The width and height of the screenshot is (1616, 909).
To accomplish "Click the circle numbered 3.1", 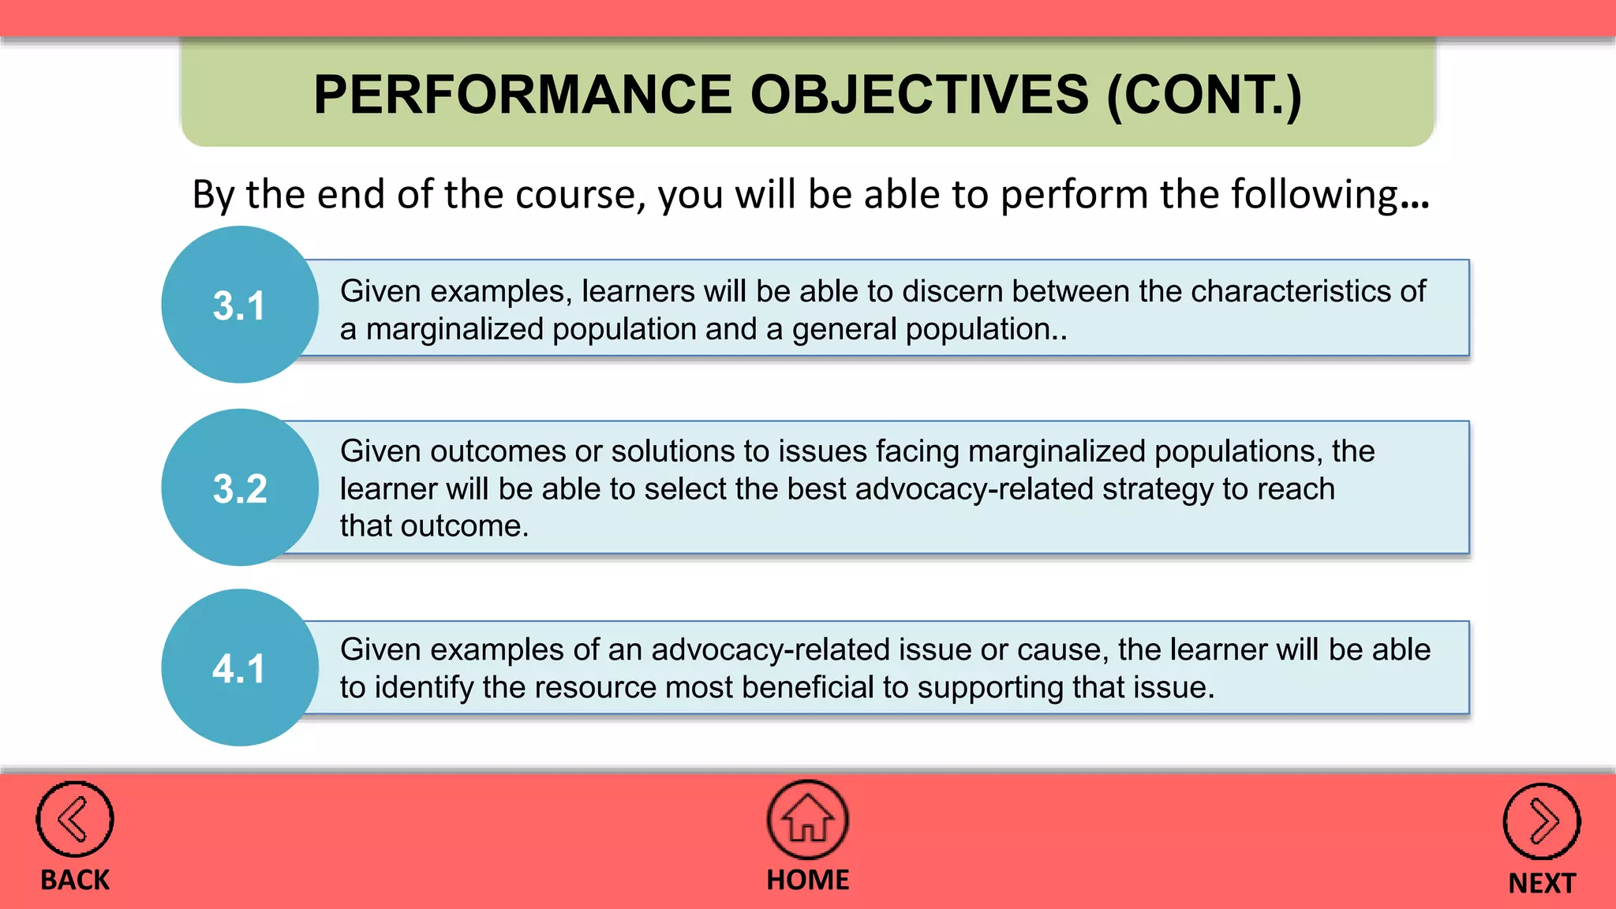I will pos(240,305).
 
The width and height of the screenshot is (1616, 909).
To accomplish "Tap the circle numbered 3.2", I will pos(240,488).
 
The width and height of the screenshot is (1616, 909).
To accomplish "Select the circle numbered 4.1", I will pos(240,668).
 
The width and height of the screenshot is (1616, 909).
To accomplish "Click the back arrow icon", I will pos(75,820).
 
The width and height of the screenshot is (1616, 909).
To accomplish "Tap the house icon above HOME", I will pos(807,820).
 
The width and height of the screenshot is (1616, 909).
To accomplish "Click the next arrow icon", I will pos(1541,821).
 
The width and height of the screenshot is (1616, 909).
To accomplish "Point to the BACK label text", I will pos(75,880).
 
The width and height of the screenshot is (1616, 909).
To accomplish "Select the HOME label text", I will pos(807,880).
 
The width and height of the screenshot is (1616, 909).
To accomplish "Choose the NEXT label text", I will pos(1541,883).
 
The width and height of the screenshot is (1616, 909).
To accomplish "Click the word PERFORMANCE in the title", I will pos(522,95).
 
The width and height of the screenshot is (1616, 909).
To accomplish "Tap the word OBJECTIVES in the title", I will pos(919,95).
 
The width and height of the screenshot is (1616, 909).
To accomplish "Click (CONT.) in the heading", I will pos(1204,95).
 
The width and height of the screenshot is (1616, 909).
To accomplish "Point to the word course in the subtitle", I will pos(580,194).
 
